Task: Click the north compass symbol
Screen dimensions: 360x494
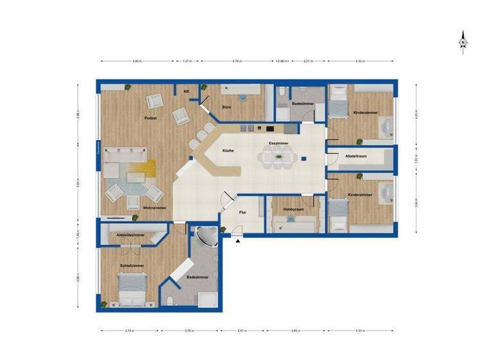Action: pos(462,42)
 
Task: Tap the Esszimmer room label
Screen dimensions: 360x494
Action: pos(278,145)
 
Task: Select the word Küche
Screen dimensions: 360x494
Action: pos(228,150)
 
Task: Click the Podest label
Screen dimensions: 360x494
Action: pos(151,119)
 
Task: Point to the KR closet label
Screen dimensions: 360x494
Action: pos(187,92)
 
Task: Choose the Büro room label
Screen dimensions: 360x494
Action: pos(226,107)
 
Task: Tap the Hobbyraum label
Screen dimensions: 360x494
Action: pos(293,210)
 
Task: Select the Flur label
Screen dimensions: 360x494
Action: pos(242,211)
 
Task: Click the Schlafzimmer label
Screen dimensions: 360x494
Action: pos(131,265)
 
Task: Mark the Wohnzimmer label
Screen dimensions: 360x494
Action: pos(155,208)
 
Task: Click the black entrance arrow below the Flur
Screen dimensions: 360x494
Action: pos(239,240)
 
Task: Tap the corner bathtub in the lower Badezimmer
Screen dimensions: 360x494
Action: pos(208,237)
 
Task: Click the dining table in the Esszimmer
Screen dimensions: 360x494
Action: pos(279,156)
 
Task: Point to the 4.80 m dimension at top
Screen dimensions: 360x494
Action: pos(137,62)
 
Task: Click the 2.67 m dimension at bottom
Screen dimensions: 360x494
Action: pos(241,332)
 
